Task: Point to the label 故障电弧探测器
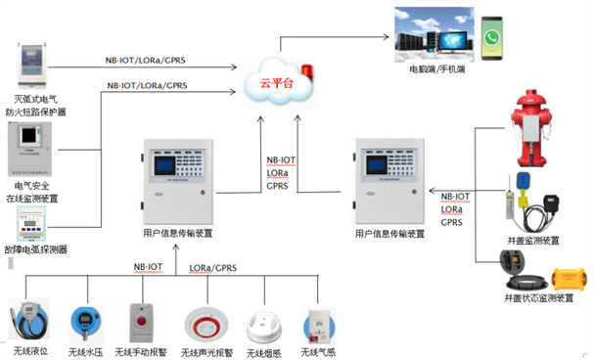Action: point(35,249)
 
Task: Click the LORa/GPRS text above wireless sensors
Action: point(212,266)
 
